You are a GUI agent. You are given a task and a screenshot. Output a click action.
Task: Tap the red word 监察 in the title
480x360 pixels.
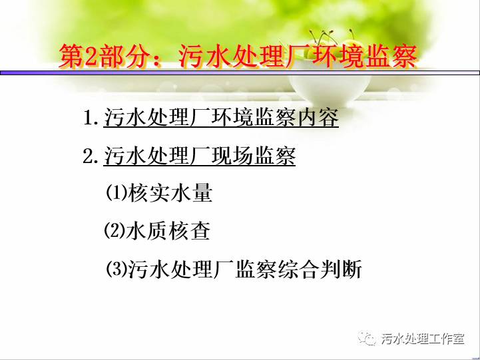(391, 56)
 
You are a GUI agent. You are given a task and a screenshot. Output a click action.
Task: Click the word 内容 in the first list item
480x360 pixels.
(318, 117)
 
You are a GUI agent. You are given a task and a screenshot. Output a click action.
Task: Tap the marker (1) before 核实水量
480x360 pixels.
(117, 193)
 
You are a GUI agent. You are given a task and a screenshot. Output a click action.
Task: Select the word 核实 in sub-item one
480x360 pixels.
(148, 193)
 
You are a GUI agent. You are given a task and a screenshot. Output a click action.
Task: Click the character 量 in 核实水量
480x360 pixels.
(202, 193)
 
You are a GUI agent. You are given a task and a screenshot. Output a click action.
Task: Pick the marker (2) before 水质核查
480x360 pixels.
(115, 231)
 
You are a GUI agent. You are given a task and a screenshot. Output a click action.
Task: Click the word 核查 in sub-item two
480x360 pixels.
(190, 231)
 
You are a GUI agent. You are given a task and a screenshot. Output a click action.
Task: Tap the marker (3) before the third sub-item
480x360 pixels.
(117, 269)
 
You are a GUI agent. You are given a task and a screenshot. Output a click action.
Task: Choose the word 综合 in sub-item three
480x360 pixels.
(298, 269)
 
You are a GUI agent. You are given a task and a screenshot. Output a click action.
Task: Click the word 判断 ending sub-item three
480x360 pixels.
(340, 269)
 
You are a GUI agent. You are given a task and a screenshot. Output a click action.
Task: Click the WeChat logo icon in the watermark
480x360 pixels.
(367, 338)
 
